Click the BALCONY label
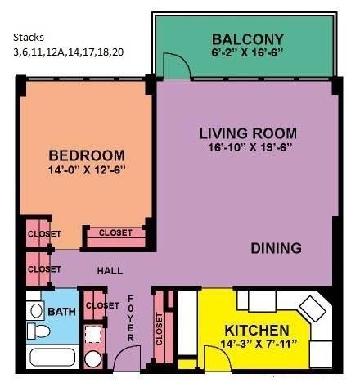[x=248, y=39]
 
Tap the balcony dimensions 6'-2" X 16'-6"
[x=246, y=52]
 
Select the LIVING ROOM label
[x=248, y=133]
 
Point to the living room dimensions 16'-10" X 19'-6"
[x=250, y=147]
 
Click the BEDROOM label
[x=87, y=155]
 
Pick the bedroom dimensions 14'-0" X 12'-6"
[x=87, y=170]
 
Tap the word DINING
[x=276, y=248]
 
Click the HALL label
[x=110, y=271]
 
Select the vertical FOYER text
[x=131, y=318]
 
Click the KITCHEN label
[x=257, y=331]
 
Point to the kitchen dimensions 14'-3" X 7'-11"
[x=259, y=344]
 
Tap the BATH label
[x=61, y=312]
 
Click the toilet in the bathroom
[x=38, y=331]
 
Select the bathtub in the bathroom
[x=52, y=358]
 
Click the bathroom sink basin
[x=36, y=311]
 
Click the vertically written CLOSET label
[x=160, y=329]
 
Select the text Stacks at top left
[x=29, y=38]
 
